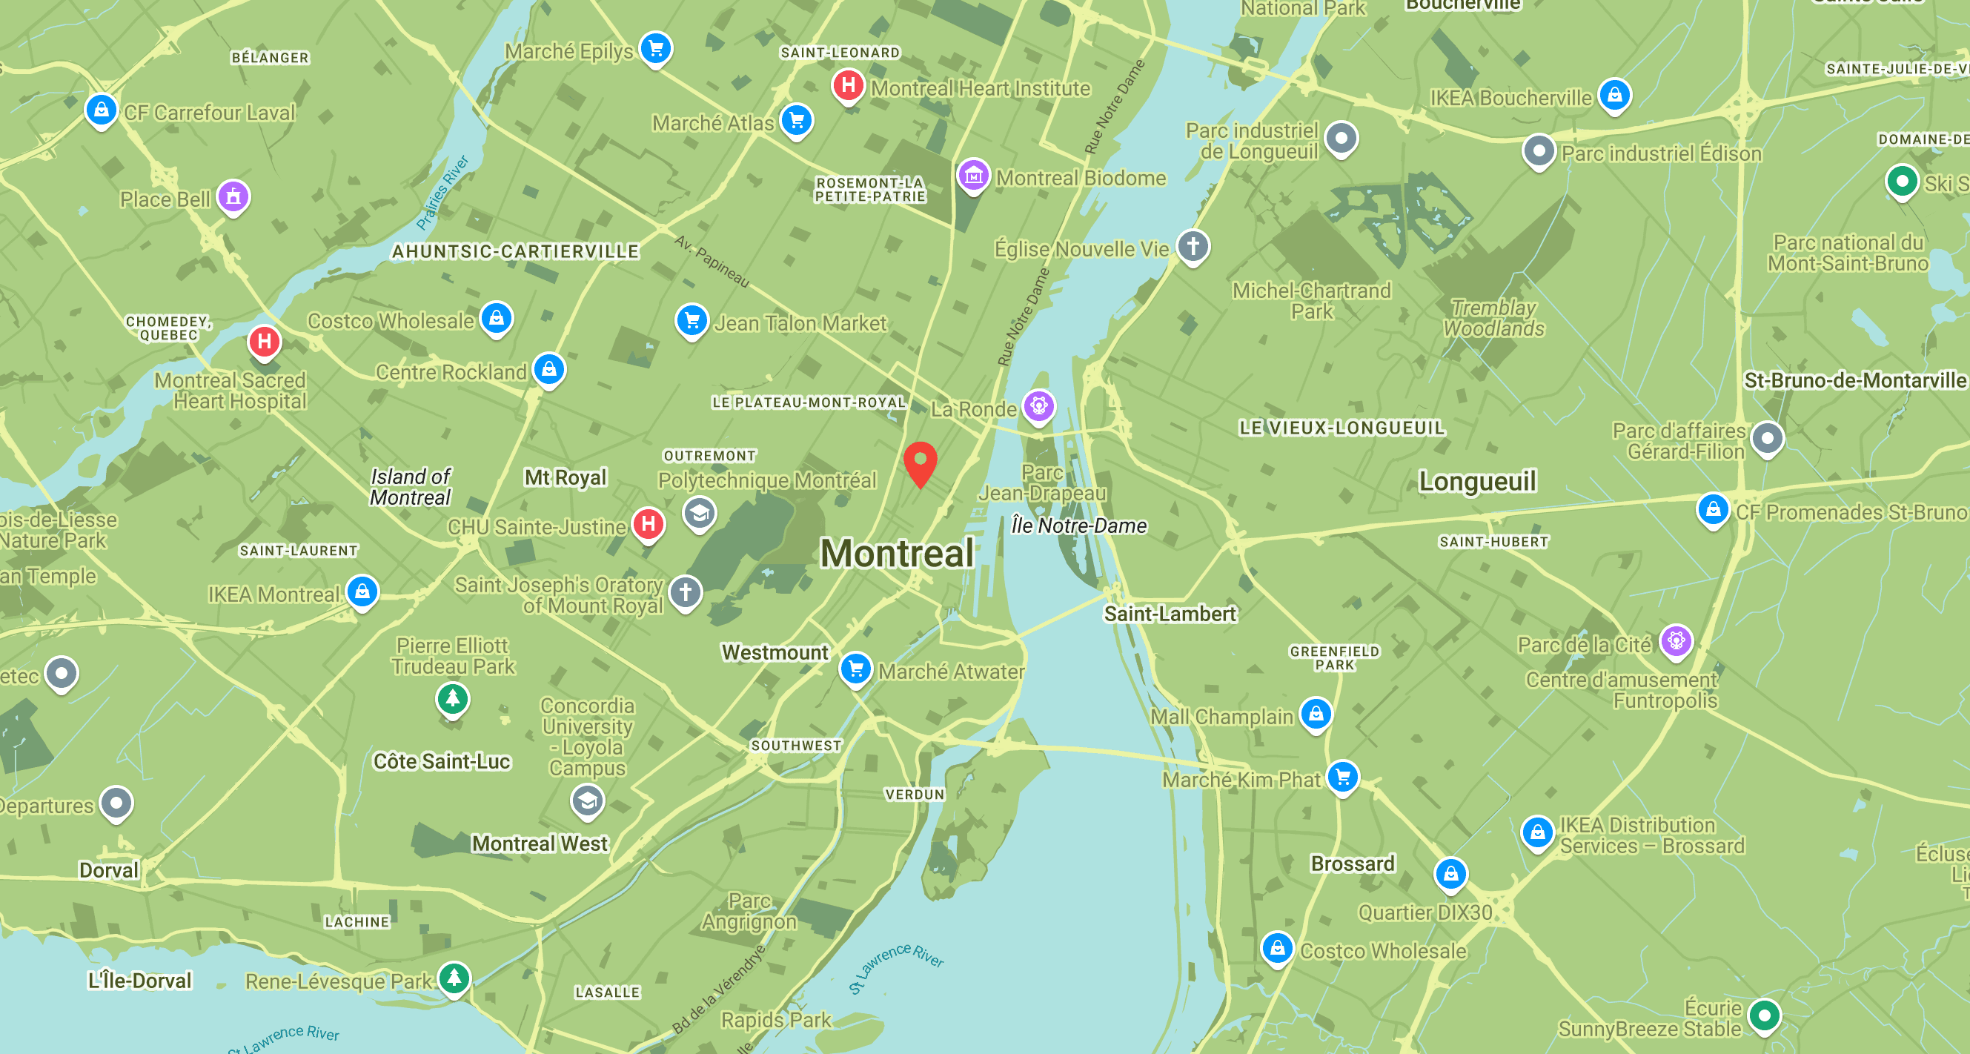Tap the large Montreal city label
click(896, 554)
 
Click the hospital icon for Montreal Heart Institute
click(848, 84)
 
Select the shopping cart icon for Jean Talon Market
click(692, 319)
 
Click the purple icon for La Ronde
click(1038, 405)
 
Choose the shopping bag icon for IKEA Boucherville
click(1614, 95)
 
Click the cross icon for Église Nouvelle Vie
click(1193, 246)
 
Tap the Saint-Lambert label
click(1170, 614)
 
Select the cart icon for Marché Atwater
click(856, 669)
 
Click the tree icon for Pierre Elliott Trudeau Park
click(453, 697)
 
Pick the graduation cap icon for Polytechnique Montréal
click(699, 513)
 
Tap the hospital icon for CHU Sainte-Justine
click(649, 524)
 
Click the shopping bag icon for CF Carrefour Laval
click(101, 110)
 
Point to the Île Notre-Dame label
click(1078, 526)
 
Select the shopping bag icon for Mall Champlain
click(1316, 714)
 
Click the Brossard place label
click(1352, 864)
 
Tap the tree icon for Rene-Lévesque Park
click(454, 977)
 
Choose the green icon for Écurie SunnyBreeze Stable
click(1763, 1015)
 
